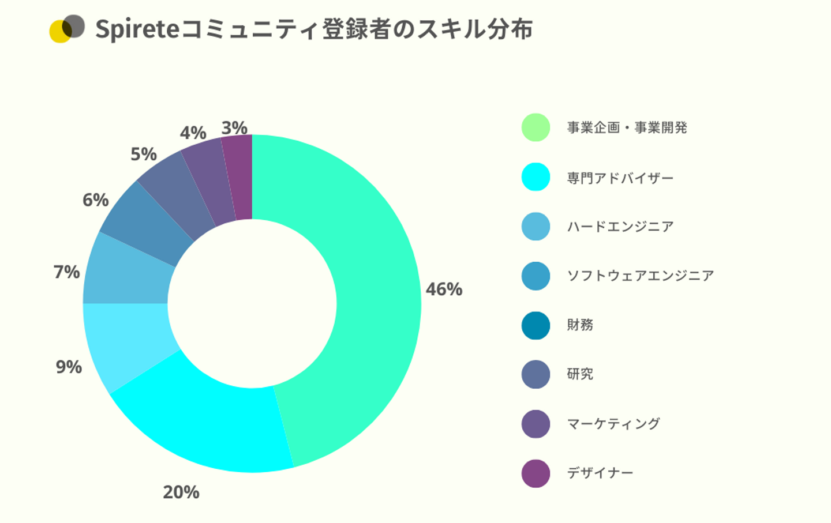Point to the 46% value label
444,289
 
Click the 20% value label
181,492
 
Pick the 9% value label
69,367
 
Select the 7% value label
67,272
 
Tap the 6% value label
96,200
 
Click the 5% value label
144,154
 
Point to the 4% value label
193,133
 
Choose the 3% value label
234,127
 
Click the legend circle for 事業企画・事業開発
536,127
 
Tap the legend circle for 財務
536,325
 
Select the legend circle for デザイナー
536,473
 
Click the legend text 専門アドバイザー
620,178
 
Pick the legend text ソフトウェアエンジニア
641,276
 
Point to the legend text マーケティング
613,424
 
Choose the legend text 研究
580,374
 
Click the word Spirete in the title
137,29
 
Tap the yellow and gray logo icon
67,29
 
